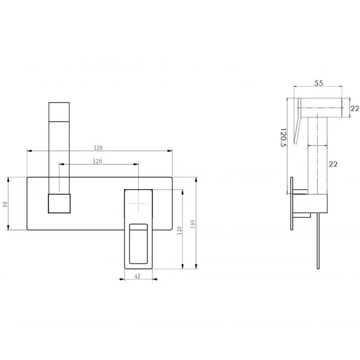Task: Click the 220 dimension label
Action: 98,148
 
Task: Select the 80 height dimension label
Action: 5,204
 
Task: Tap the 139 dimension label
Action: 193,224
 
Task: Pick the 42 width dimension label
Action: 137,276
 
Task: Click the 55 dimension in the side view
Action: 319,83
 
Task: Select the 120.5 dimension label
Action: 283,137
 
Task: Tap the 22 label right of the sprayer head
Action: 355,108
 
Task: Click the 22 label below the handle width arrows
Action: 333,164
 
